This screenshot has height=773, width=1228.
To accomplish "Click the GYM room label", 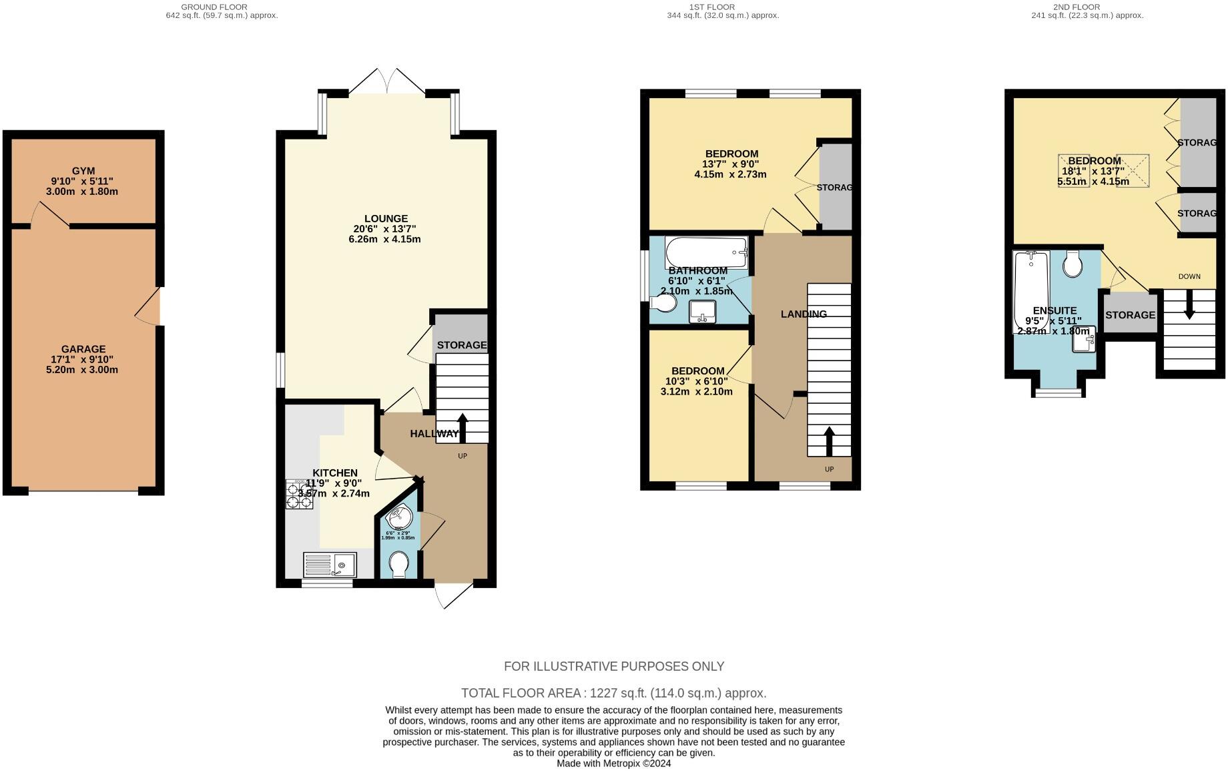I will [83, 171].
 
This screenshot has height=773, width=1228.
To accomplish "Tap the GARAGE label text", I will [83, 349].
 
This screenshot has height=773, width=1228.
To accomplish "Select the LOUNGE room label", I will [386, 219].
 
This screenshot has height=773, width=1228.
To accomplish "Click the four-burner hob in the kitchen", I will [299, 495].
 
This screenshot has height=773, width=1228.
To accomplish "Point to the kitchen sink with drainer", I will [330, 565].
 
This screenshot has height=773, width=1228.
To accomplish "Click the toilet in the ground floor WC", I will [398, 565].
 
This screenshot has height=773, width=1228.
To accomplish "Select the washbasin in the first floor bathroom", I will [701, 311].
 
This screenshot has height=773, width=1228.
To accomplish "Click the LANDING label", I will [804, 314].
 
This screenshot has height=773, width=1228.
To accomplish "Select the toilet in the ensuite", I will [1073, 264].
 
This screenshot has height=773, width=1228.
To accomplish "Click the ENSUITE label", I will [1054, 311].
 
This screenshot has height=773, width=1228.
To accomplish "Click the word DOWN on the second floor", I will [1189, 276].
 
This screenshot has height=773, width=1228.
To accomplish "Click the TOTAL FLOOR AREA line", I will [613, 693].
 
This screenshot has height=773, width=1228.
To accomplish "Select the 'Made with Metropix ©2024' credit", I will [613, 763].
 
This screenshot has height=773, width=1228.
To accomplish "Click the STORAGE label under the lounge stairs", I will [462, 345].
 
